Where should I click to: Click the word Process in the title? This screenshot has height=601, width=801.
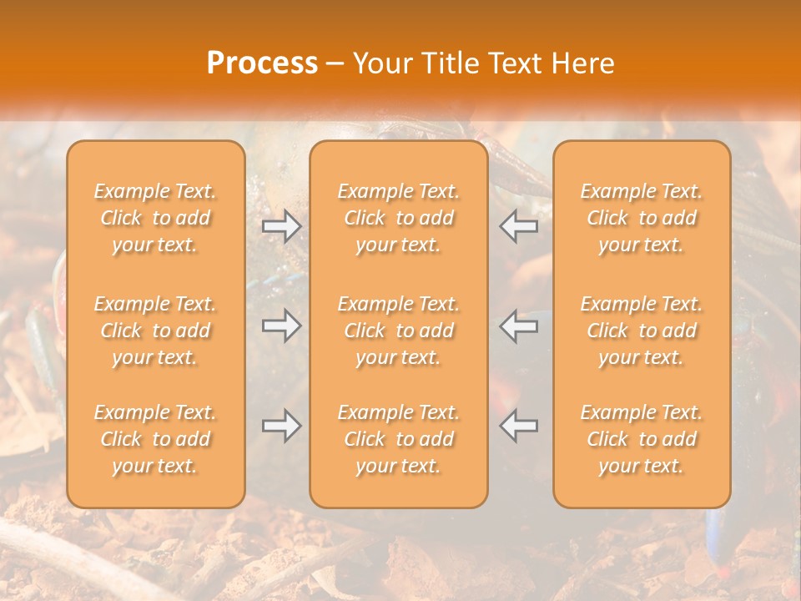(262, 63)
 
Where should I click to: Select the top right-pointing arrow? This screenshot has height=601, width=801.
(282, 225)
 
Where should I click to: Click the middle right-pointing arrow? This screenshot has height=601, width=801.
(282, 326)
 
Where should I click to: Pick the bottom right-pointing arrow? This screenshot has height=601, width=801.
(282, 426)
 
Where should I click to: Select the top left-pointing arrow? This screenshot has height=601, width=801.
(519, 225)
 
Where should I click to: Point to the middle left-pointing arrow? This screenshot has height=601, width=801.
(519, 326)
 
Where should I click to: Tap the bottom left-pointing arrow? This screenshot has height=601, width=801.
(519, 426)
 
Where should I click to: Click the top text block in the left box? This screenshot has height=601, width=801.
(155, 218)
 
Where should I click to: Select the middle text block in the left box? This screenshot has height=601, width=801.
(155, 331)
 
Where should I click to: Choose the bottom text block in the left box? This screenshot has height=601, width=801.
(155, 439)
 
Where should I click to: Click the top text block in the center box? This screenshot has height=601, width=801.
(399, 218)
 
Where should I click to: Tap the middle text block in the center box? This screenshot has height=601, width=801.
(399, 331)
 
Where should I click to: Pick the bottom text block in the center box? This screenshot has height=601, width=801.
(399, 439)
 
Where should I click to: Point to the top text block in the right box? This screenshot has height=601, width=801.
(642, 218)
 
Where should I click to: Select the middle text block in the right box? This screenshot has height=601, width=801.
(642, 331)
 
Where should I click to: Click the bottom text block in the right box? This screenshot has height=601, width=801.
(642, 439)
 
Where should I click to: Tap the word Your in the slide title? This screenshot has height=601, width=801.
(382, 63)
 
